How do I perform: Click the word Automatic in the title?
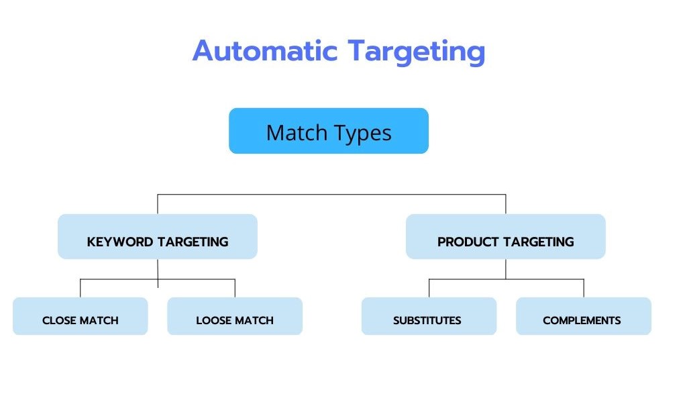coord(264,51)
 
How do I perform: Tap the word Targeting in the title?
coord(416,52)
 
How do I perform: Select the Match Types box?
coord(329,131)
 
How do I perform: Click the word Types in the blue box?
coord(362,133)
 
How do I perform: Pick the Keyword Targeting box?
coord(157,236)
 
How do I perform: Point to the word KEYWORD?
coord(119,242)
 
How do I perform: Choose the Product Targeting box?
coord(506,236)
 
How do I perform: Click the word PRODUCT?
coord(468,242)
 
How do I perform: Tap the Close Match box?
coord(81,316)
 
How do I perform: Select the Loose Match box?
coord(235,316)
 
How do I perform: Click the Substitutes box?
coord(429,316)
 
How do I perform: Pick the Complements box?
coord(584,316)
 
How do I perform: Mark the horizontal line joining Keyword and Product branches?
coord(331,194)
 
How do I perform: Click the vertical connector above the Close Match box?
coord(81,288)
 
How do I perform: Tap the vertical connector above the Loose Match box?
coord(235,288)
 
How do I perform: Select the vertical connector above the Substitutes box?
coord(429,288)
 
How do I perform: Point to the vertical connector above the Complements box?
coord(584,288)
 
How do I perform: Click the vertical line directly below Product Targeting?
coord(506,269)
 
